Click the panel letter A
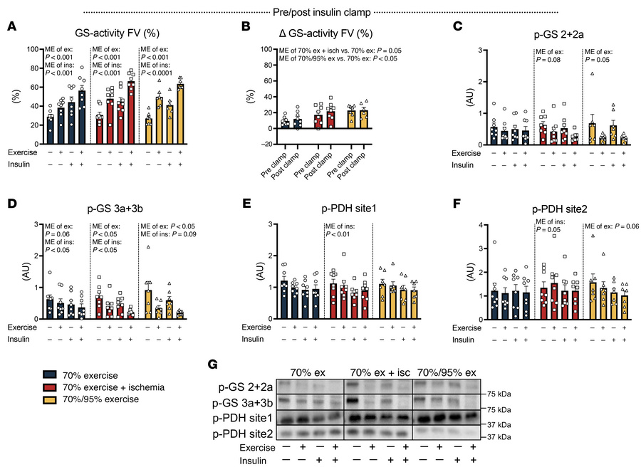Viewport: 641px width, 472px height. coord(12,27)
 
